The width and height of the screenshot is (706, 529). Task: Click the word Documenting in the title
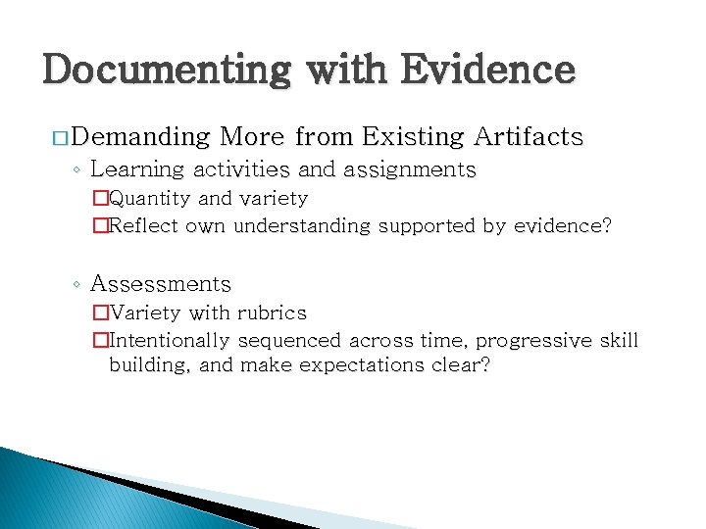click(x=165, y=71)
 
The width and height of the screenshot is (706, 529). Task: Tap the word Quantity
click(x=151, y=199)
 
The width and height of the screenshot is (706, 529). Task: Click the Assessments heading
click(x=160, y=284)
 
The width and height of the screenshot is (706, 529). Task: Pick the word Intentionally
click(x=170, y=341)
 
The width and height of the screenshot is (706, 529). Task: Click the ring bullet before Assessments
click(x=76, y=285)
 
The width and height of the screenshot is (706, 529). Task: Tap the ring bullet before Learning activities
click(x=76, y=170)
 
